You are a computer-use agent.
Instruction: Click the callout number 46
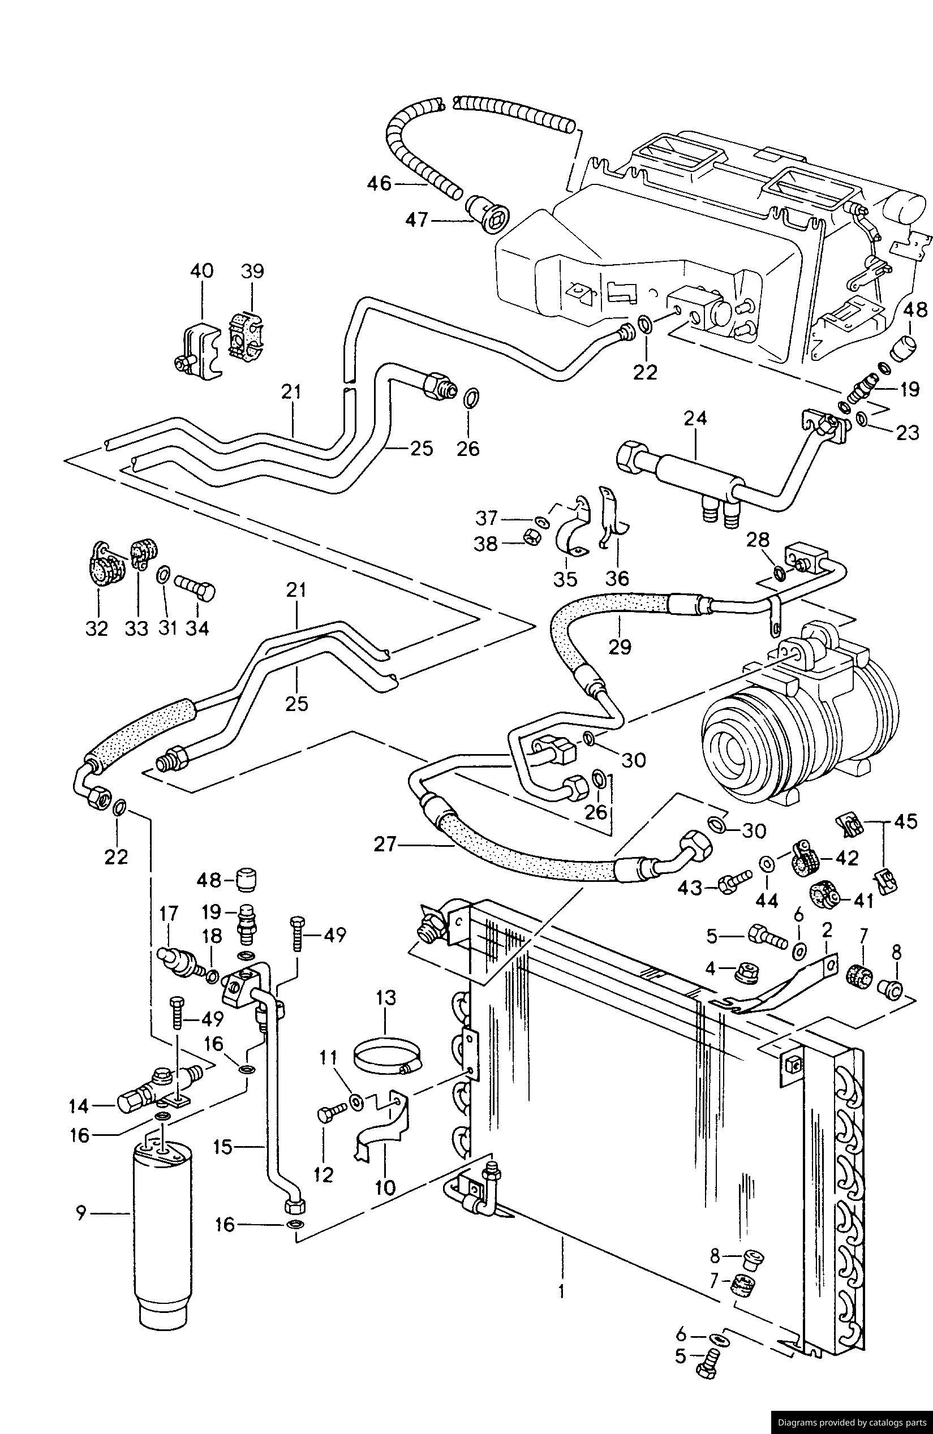pyautogui.click(x=379, y=183)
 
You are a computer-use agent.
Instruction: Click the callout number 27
pyautogui.click(x=385, y=845)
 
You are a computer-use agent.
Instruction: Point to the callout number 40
pyautogui.click(x=202, y=270)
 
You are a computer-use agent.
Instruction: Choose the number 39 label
pyautogui.click(x=252, y=270)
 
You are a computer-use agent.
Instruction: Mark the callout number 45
pyautogui.click(x=906, y=821)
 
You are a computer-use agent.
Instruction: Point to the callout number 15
pyautogui.click(x=222, y=1147)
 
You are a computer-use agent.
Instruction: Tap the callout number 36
pyautogui.click(x=617, y=579)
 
